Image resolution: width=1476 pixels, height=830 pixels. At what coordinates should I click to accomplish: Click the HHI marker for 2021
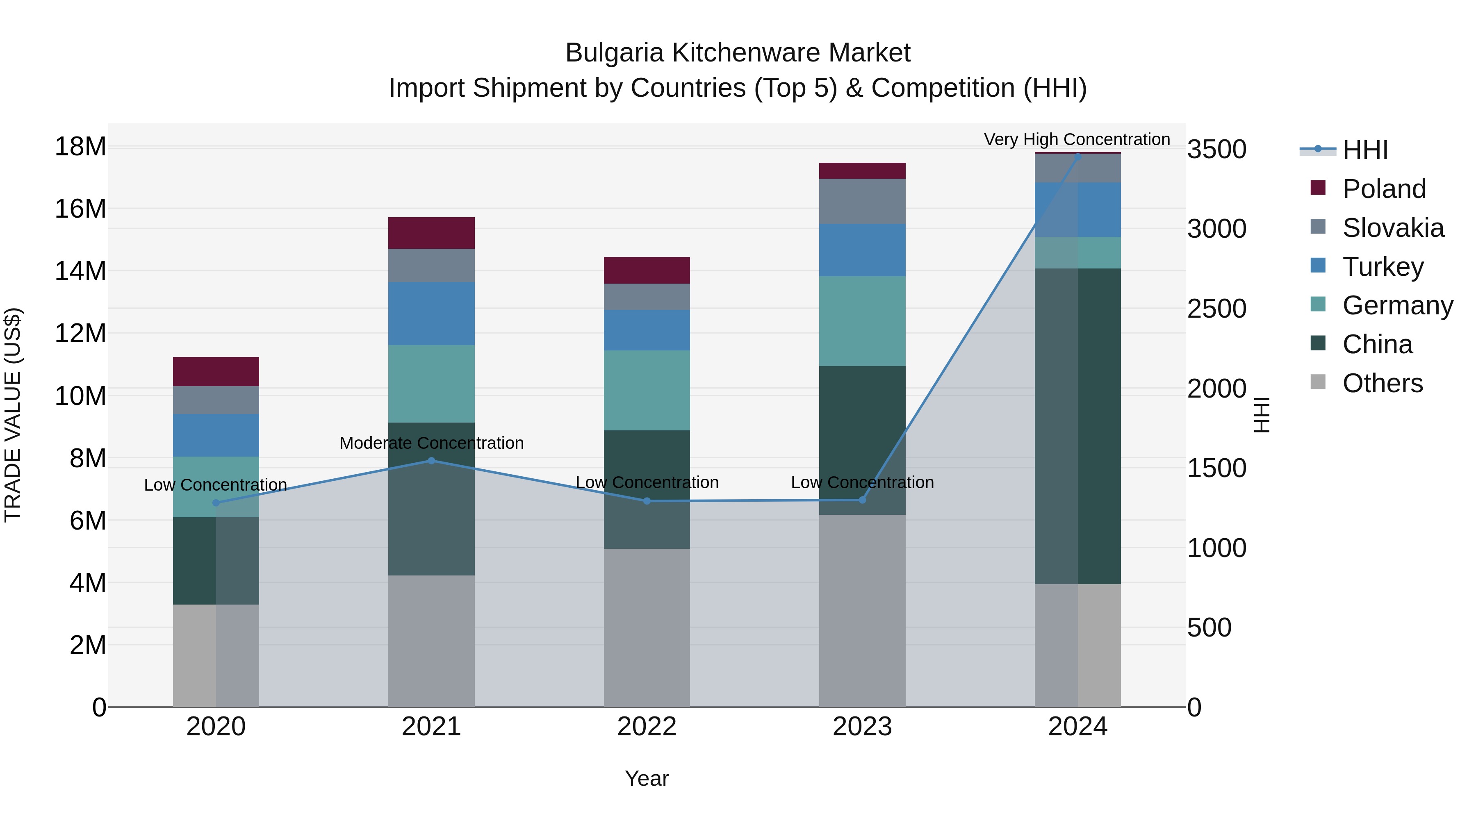431,461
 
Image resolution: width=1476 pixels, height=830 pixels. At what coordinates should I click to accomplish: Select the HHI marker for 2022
647,501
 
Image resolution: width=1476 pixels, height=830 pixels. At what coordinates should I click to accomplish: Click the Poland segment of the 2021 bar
431,233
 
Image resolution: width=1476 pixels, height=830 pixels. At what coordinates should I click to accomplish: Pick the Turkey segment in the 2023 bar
862,250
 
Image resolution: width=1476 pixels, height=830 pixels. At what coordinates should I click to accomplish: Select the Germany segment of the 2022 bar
647,390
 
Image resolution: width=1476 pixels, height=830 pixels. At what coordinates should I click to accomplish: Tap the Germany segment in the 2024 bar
1078,252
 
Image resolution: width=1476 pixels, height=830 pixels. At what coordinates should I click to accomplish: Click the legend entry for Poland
1383,189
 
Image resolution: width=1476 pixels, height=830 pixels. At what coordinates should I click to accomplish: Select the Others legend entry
1382,383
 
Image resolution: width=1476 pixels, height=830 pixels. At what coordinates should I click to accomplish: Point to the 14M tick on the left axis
80,271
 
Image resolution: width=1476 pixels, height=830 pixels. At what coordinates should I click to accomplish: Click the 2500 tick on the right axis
1216,309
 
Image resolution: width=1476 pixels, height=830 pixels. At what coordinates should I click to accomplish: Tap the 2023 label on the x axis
862,727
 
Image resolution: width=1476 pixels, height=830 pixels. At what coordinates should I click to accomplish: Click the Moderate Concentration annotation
431,443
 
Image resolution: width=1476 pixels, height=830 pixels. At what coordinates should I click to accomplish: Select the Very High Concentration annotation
1077,140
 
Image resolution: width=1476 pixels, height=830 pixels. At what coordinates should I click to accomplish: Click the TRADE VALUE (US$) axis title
13,415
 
